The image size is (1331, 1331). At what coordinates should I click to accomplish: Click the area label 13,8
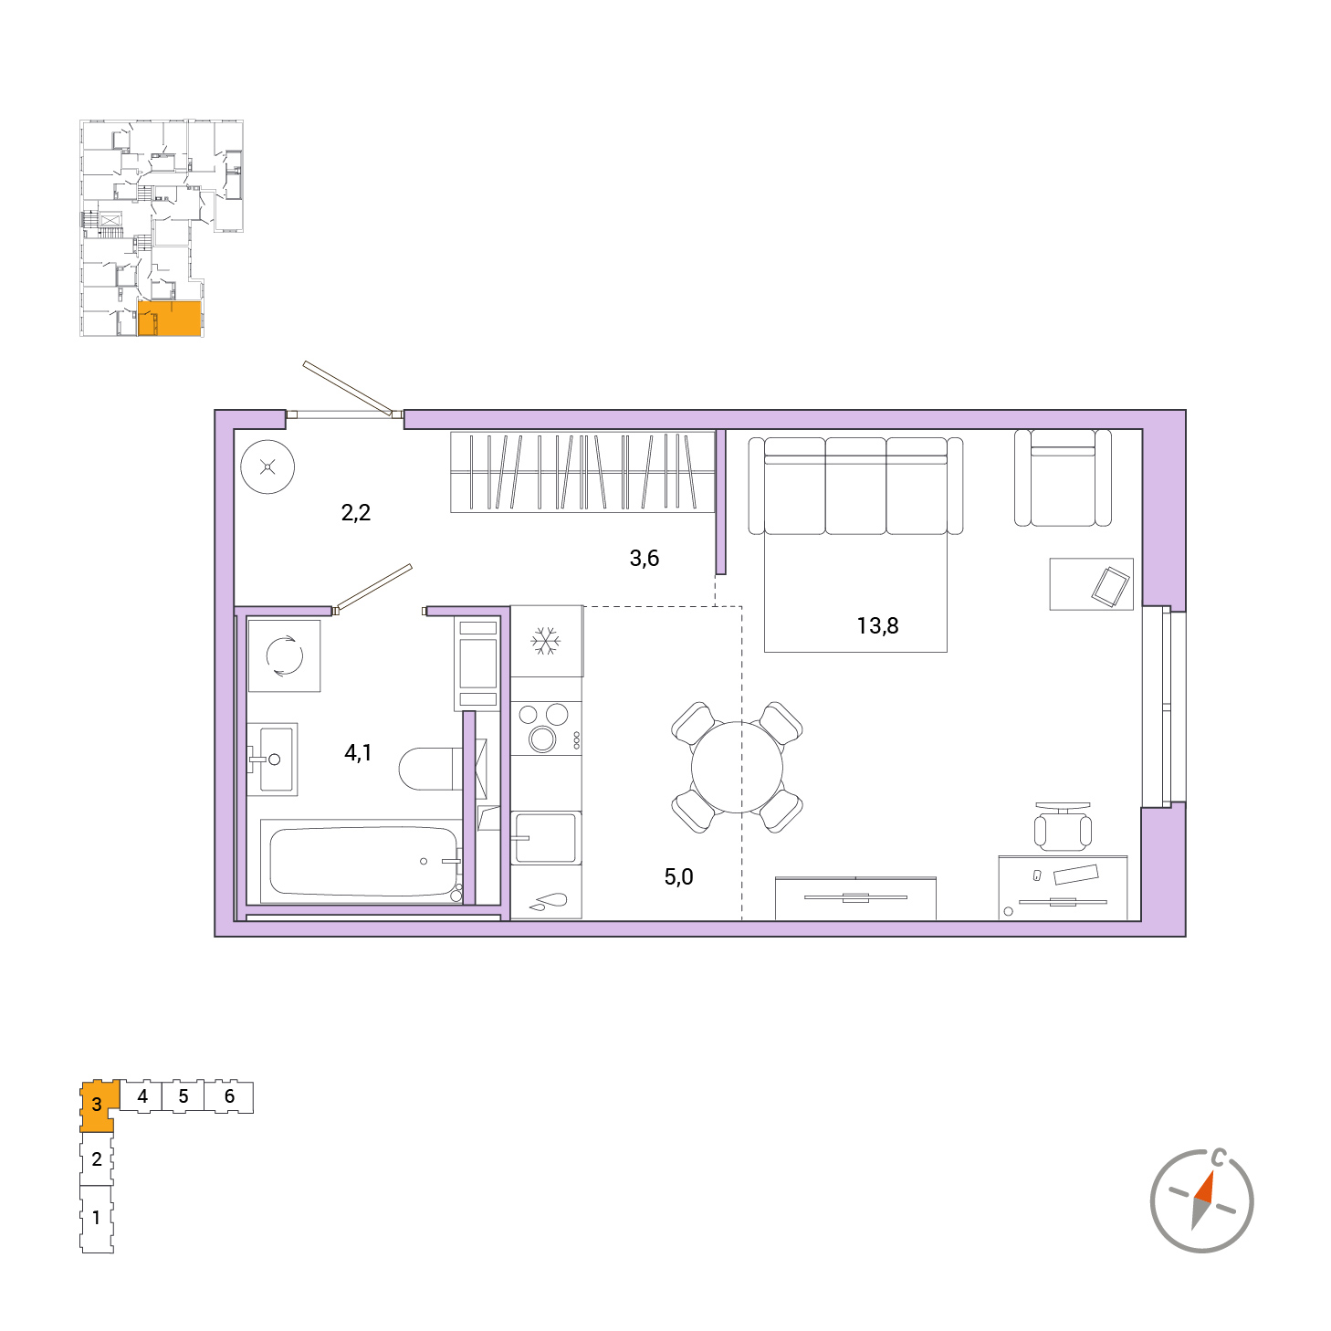pos(877,625)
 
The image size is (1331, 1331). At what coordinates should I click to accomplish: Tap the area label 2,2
pos(356,512)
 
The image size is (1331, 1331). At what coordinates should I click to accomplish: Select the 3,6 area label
pos(644,558)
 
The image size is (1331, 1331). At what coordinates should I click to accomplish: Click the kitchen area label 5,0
pos(678,876)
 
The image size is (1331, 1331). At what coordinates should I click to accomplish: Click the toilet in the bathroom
pos(430,768)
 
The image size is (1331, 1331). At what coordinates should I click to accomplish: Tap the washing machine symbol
pos(284,655)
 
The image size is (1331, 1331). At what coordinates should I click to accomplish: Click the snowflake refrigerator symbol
pos(546,641)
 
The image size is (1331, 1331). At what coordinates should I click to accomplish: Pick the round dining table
pos(737,767)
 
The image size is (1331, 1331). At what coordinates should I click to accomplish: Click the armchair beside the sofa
pos(1063,477)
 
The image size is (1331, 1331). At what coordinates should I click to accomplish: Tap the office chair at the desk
pos(1063,827)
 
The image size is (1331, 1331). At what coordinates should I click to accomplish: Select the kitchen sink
pos(546,838)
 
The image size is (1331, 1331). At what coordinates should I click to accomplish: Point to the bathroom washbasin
pos(272,760)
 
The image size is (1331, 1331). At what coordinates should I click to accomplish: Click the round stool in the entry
pos(267,466)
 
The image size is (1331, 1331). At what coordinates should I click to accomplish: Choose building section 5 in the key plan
pos(183,1096)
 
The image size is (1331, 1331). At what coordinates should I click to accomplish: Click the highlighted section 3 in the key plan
pos(97,1106)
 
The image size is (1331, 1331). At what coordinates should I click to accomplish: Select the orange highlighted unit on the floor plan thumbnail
pos(169,319)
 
